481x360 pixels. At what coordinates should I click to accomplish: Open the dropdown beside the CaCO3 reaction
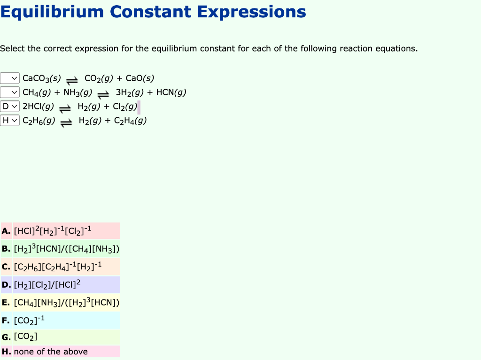pyautogui.click(x=10, y=78)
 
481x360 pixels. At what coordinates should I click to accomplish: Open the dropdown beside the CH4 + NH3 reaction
pyautogui.click(x=10, y=92)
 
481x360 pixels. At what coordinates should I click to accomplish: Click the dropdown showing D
pyautogui.click(x=10, y=107)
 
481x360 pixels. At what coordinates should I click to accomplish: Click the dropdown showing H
pyautogui.click(x=10, y=121)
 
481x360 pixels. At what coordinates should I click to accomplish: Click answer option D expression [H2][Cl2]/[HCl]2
pyautogui.click(x=47, y=284)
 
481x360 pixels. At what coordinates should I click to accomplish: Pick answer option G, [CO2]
pyautogui.click(x=25, y=337)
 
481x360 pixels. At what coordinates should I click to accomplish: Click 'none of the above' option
pyautogui.click(x=51, y=352)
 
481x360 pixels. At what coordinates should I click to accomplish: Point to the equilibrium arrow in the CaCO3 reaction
pyautogui.click(x=72, y=80)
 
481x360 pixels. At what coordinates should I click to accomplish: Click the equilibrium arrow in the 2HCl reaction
pyautogui.click(x=65, y=108)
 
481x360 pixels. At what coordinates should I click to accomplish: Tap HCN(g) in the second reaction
pyautogui.click(x=171, y=92)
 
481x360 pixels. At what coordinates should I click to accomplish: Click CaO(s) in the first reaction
pyautogui.click(x=140, y=78)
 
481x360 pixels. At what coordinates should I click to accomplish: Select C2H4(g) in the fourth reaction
pyautogui.click(x=130, y=121)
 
